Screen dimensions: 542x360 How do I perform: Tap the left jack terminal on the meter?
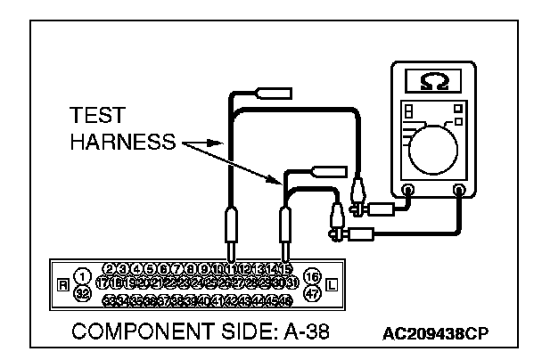pos(409,190)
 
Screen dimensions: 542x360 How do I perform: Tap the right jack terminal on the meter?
pos(460,190)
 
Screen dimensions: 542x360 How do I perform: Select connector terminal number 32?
pos(83,291)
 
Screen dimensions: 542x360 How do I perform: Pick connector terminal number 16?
pos(312,276)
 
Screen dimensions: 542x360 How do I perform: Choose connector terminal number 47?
pos(312,291)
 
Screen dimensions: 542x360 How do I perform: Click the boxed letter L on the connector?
pos(332,285)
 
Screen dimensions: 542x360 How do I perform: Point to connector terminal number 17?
pos(102,283)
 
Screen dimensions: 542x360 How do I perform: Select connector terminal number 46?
pos(288,299)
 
